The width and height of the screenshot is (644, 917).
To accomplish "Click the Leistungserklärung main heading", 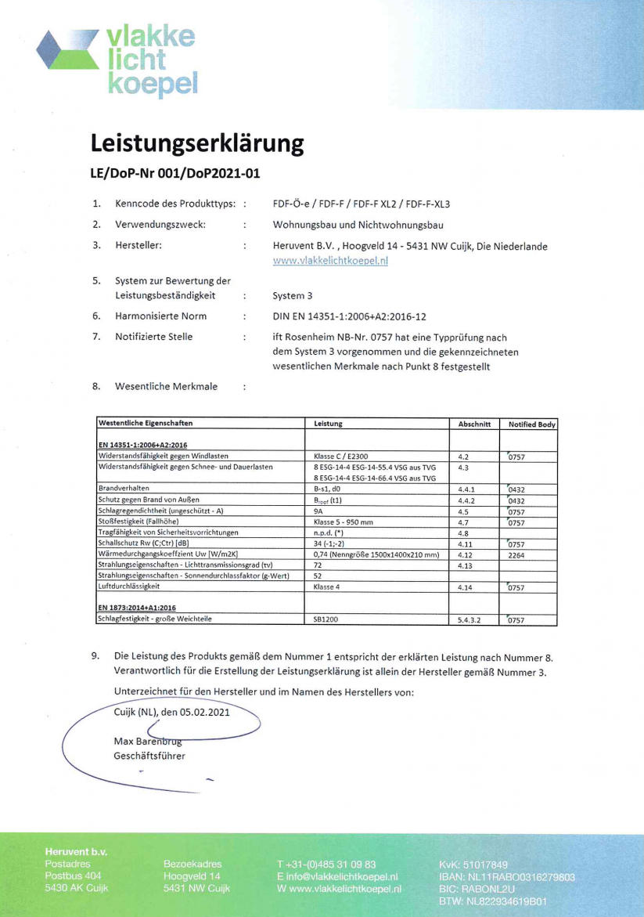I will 196,143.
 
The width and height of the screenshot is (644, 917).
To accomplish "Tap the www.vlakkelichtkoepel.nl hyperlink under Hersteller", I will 330,262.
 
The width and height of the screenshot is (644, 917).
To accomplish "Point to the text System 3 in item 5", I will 293,296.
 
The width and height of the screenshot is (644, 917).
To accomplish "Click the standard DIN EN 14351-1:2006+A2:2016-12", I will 349,316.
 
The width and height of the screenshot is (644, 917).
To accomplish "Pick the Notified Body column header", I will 531,424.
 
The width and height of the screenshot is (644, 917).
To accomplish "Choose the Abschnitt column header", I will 473,424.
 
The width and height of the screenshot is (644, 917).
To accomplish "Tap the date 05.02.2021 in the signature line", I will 196,713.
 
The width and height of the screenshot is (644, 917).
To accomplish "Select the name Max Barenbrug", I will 148,740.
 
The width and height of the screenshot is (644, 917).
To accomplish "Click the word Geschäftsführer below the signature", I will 149,756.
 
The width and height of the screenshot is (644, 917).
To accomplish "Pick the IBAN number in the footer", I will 507,877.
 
